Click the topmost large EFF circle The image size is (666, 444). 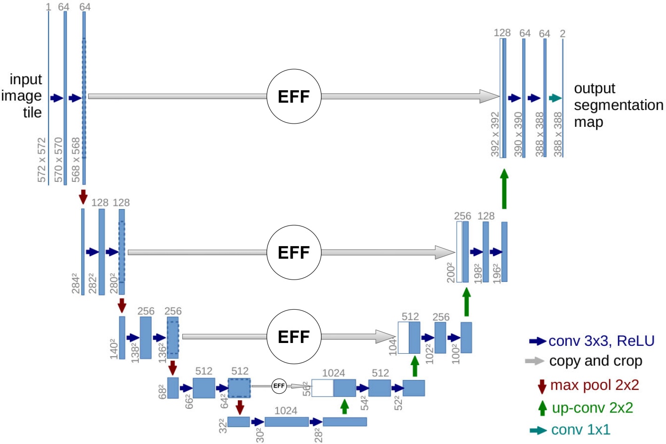coord(294,96)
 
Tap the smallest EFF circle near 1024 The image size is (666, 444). coord(279,386)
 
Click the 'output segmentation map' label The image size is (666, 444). coord(618,105)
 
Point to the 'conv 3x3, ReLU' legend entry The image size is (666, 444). coord(601,341)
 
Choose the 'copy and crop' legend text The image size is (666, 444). coord(595,361)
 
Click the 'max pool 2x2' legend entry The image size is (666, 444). coord(594,385)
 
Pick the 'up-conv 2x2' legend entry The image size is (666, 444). coord(592,408)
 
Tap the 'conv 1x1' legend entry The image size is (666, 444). coord(580,429)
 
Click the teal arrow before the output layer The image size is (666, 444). coord(555,98)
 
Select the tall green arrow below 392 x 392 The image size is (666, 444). coord(504,189)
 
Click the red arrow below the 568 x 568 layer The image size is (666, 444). coord(83,196)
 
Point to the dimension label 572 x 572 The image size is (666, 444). coord(42,160)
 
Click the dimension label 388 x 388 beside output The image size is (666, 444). coord(558,134)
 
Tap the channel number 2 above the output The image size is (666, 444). coord(563,34)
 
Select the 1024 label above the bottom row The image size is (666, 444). coord(286,411)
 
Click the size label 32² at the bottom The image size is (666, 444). coord(222,426)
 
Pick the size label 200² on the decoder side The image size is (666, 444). coord(451,273)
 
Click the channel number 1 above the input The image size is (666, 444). coord(48,7)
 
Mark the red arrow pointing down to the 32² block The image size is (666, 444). coord(240,407)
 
